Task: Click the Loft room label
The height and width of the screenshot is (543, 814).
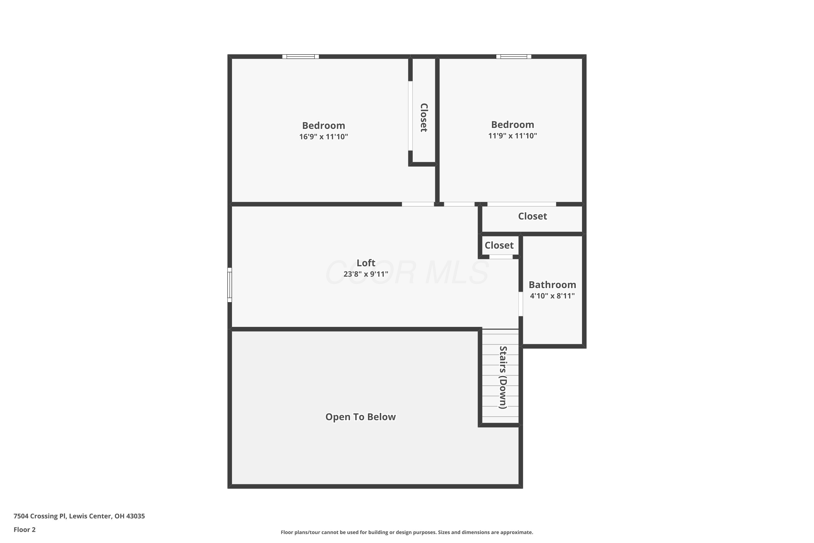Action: (366, 263)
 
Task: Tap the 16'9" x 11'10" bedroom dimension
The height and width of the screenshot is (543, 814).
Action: (324, 137)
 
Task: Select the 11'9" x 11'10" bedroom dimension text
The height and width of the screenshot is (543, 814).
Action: (513, 136)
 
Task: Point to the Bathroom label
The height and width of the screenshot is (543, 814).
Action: (552, 285)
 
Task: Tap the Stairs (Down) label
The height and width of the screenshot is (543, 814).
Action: (503, 377)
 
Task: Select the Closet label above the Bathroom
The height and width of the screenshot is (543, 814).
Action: (532, 216)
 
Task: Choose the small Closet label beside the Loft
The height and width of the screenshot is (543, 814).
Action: (499, 245)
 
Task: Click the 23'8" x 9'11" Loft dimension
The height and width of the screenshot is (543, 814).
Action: (366, 274)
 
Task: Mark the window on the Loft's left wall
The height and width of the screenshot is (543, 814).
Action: (230, 285)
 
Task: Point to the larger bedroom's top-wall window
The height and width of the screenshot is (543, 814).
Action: (300, 56)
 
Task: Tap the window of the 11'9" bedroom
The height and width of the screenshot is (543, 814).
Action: (514, 56)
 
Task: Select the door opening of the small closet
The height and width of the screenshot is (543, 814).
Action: (501, 257)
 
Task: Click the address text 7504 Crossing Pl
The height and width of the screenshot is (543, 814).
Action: (39, 516)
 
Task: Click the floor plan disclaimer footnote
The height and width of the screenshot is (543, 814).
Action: (407, 532)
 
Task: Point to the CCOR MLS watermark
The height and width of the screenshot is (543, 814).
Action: (407, 273)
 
